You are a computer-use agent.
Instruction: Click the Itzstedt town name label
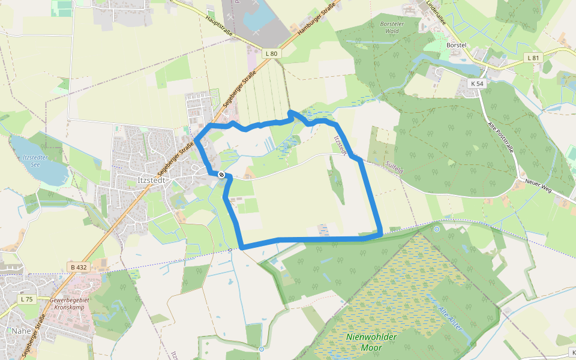coord(155,179)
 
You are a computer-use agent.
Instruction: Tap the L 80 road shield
coord(271,53)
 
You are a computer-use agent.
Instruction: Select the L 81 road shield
coord(533,58)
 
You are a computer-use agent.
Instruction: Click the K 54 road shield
coord(477,83)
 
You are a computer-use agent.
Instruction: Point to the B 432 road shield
coord(78,266)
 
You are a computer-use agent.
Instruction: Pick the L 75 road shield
coord(26,299)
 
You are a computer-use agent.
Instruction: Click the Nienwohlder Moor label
coord(371,341)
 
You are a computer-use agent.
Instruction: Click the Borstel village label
coord(457,45)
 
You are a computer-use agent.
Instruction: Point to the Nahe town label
coord(20,331)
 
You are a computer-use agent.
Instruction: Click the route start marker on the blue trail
coord(221,175)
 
